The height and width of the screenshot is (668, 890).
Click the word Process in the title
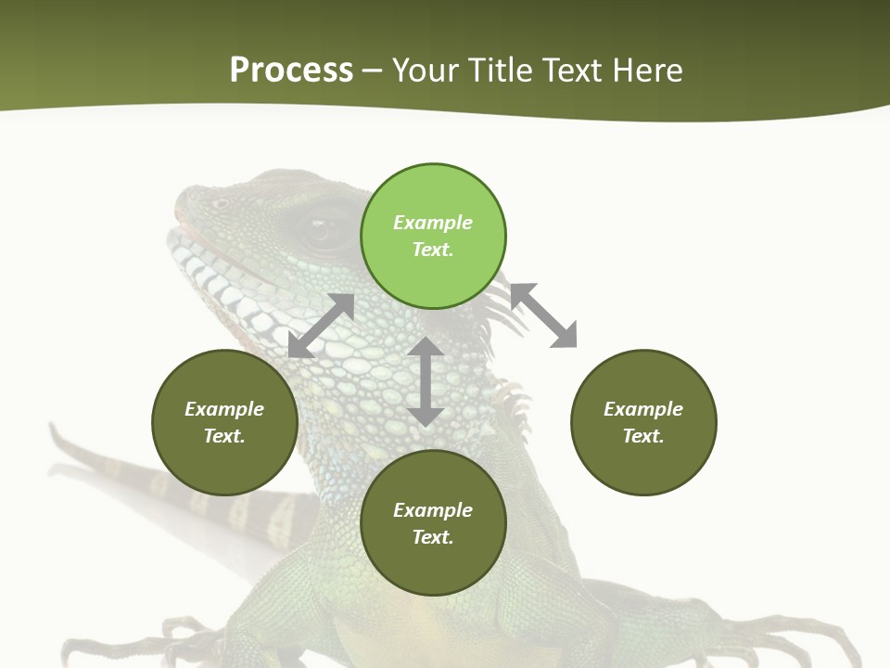point(291,71)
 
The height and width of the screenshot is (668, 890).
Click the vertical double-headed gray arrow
point(426,381)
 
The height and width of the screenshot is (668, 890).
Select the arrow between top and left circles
point(321,326)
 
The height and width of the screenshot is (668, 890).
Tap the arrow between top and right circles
point(544,315)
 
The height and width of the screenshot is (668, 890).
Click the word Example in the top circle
point(433,223)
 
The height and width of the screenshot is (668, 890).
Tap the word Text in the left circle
point(224,436)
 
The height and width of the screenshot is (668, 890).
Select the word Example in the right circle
point(643,409)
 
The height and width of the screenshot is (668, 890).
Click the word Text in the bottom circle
point(432,537)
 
